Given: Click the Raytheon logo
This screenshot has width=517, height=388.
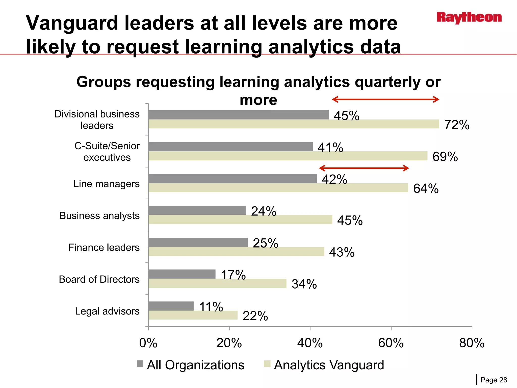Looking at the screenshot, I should click(x=469, y=18).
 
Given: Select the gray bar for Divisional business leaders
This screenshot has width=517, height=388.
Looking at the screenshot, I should click(x=239, y=115).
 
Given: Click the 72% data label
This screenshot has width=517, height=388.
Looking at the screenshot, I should click(x=457, y=125).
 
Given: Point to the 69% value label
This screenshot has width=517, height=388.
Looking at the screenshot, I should click(x=445, y=157).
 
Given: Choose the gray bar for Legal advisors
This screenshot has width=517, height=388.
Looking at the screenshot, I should click(x=171, y=306).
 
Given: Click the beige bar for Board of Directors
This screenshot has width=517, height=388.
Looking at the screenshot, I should click(x=217, y=283).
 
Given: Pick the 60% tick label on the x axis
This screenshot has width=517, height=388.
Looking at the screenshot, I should click(x=391, y=343).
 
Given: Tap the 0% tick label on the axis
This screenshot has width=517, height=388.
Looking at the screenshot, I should click(x=148, y=343).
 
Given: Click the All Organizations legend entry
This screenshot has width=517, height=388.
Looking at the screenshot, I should click(x=191, y=365).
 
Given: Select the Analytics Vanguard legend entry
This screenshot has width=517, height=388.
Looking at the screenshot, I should click(x=324, y=365).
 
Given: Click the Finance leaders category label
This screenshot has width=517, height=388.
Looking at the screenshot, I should click(x=104, y=248).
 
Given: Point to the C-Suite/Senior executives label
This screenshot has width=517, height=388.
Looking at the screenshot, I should click(x=107, y=152).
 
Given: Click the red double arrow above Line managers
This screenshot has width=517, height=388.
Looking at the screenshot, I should click(x=364, y=168).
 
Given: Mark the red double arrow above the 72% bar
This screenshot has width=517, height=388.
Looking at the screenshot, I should click(x=385, y=99).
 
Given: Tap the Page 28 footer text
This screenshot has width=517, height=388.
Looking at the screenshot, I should click(x=494, y=380).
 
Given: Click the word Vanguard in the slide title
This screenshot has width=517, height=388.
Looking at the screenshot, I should click(x=72, y=23).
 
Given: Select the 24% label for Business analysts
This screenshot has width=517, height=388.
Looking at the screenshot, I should click(x=264, y=211).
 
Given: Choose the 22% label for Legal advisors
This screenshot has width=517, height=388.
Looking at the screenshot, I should click(x=255, y=316).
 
